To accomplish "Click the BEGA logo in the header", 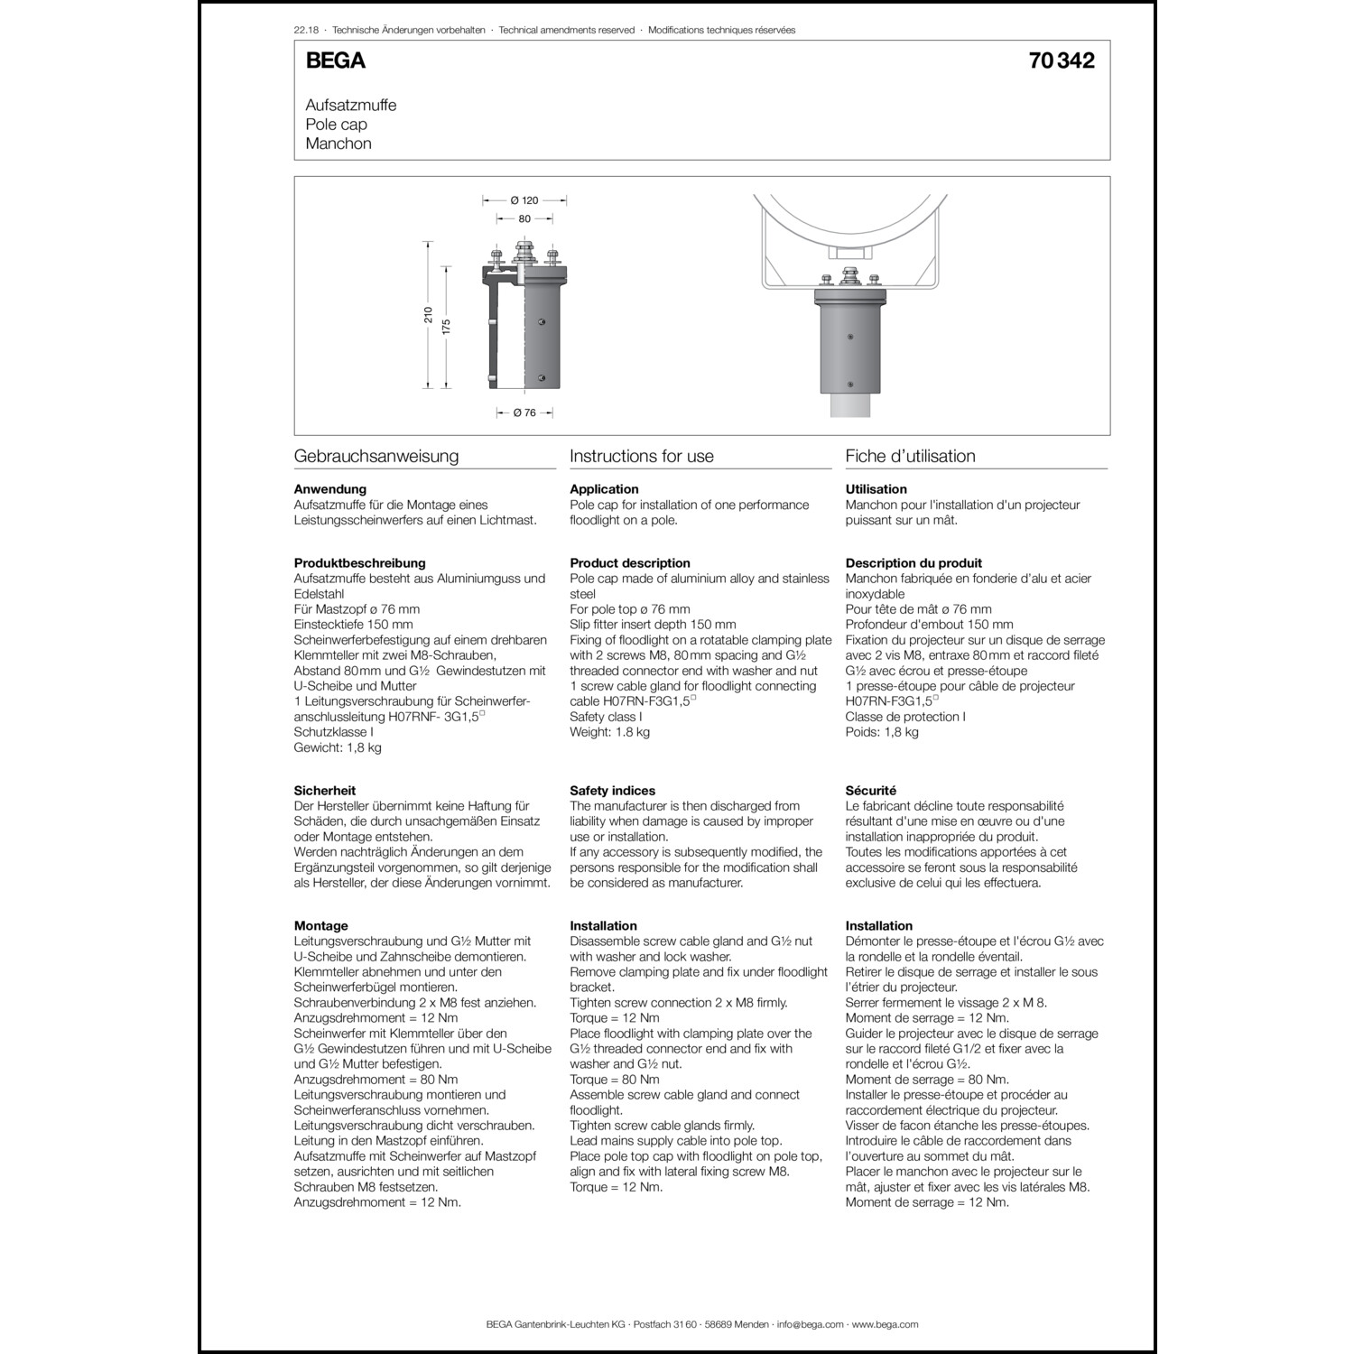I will tap(335, 60).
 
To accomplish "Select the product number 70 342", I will tap(1061, 60).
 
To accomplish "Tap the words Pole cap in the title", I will tap(336, 125).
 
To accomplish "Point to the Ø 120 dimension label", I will tap(524, 200).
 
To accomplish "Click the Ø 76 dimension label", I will tap(524, 413).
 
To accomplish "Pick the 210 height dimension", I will tap(429, 315).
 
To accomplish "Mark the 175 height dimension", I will tap(446, 326).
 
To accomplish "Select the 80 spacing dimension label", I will tap(524, 218).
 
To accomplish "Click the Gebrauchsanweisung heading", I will tap(376, 456).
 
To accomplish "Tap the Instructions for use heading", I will tap(641, 456).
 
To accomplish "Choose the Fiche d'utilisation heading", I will tap(910, 456).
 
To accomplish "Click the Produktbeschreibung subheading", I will tap(359, 563).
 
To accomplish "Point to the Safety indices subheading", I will tap(612, 791).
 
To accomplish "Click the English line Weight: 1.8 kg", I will tap(609, 732).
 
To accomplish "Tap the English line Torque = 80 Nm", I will tap(614, 1080).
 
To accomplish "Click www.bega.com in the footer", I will tap(885, 1324).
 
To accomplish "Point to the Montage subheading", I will tap(320, 926).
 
